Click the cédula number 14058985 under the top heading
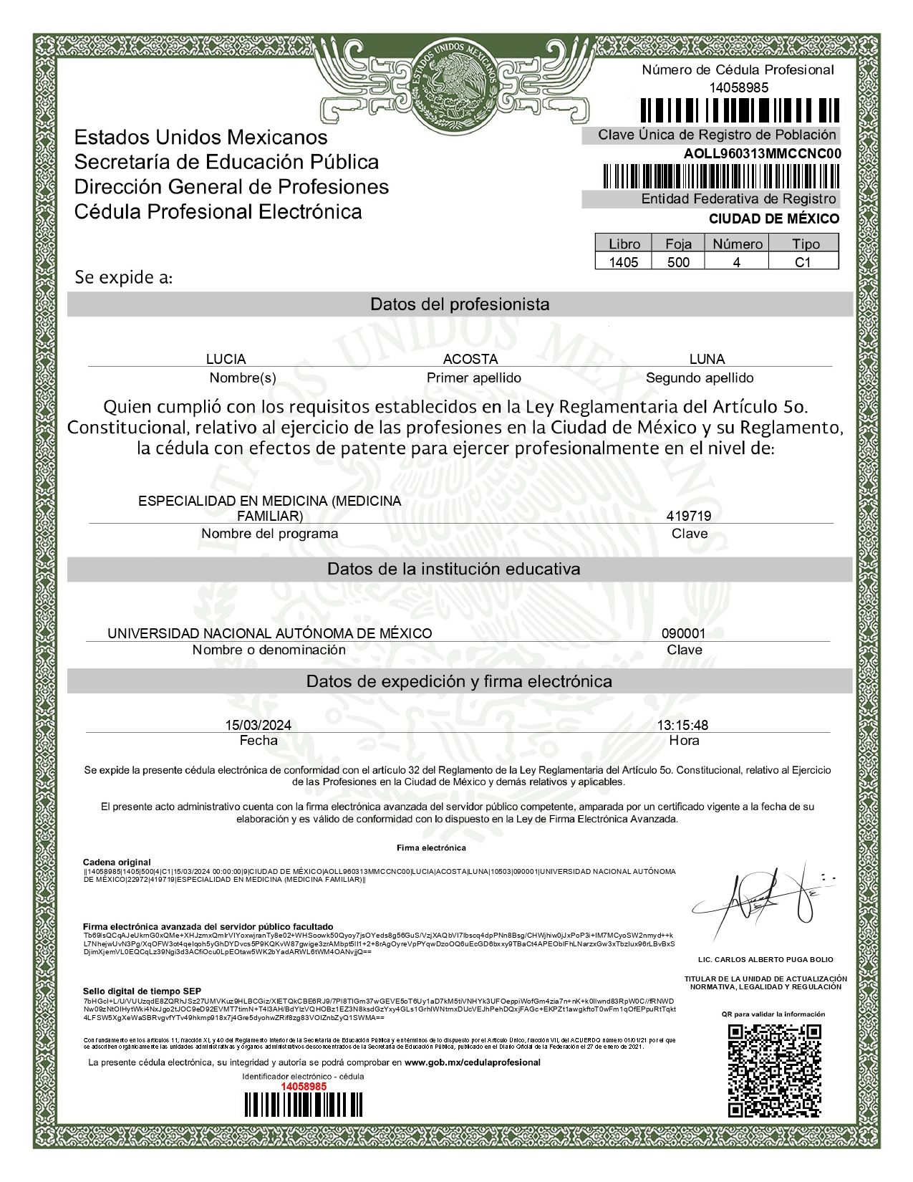pos(738,87)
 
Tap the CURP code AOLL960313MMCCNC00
pos(762,153)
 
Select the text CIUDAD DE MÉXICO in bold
pos(773,218)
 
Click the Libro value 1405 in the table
pos(623,262)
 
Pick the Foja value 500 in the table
pos(678,262)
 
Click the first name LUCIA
pos(226,359)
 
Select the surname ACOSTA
pos(470,359)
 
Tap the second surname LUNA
pos(706,359)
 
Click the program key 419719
pos(688,516)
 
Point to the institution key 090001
pos(683,633)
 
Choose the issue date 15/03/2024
pos(258,725)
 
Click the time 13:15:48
pos(682,725)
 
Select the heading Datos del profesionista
pos(460,304)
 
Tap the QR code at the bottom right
pos(774,1071)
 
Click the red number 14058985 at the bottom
pos(303,1086)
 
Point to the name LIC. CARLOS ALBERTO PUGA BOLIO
pos(765,959)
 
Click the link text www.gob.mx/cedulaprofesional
pos(472,1062)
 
